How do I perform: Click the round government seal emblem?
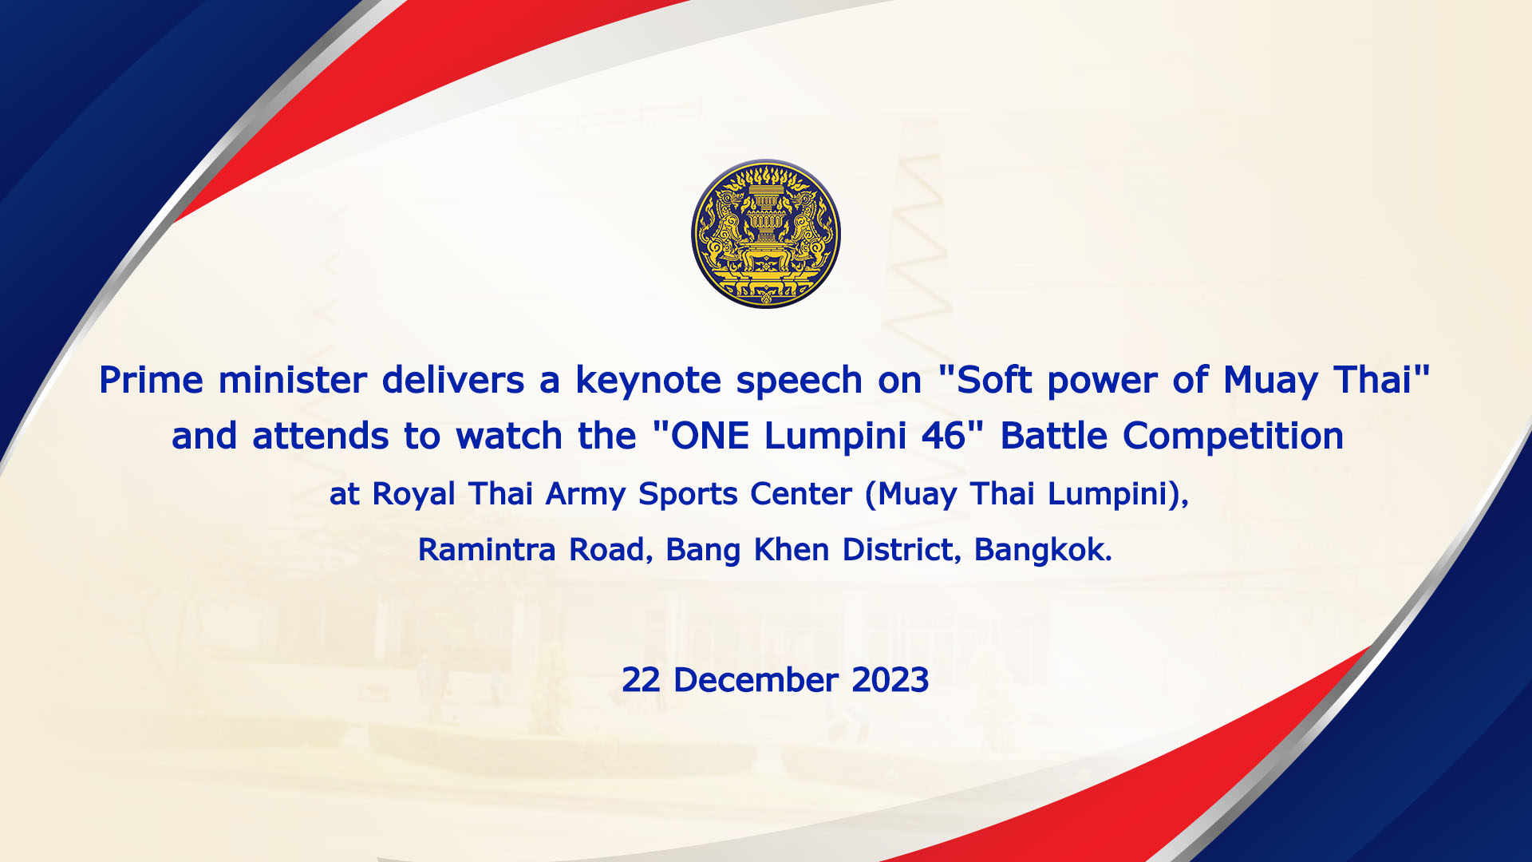coord(766,234)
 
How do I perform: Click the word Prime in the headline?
coord(151,380)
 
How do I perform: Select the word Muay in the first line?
coord(1270,382)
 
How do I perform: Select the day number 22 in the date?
coord(641,681)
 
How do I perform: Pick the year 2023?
coord(890,681)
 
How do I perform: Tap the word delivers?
coord(453,380)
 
